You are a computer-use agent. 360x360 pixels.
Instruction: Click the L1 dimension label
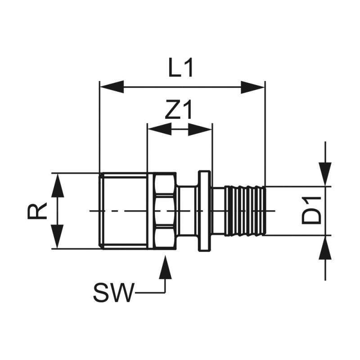181,68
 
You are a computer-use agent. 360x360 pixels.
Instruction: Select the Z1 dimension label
178,110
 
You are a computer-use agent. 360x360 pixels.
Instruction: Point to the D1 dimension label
312,210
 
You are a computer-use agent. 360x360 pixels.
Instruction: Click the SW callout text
113,293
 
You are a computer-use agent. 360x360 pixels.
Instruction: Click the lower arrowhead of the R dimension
57,236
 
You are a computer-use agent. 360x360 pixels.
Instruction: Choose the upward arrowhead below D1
325,248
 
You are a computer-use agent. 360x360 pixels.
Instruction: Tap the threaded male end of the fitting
124,211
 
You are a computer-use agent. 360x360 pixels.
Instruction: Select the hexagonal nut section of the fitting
162,211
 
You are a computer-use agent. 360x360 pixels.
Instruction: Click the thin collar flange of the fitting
204,211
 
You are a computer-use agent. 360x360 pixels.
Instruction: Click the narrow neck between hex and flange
187,211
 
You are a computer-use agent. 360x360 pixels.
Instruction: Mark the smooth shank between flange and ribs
219,211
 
